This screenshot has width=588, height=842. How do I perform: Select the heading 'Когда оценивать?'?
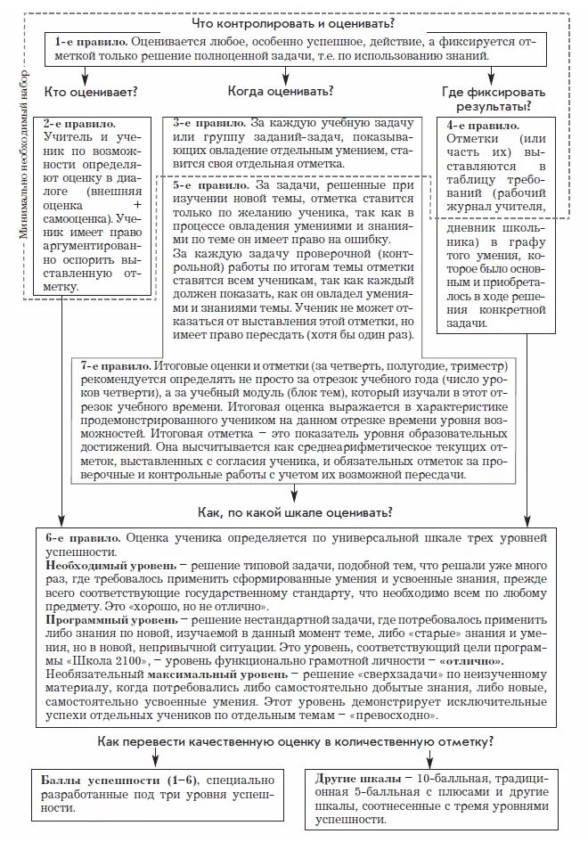click(x=281, y=91)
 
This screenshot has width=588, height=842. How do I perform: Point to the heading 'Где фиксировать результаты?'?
click(x=494, y=98)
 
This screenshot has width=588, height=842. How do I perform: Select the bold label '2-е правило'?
click(x=79, y=121)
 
